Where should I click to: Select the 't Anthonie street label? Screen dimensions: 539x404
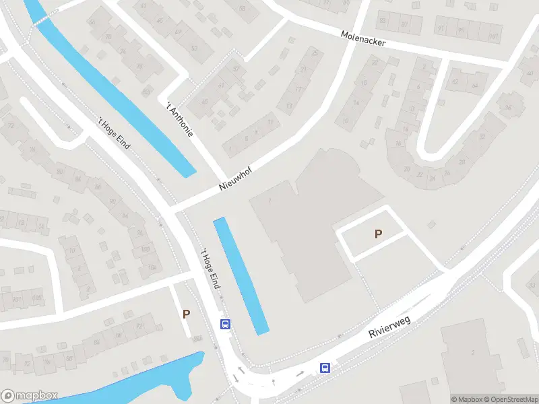click(180, 119)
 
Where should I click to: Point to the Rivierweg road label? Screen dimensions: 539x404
click(390, 324)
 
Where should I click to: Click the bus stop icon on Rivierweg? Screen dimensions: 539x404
click(325, 368)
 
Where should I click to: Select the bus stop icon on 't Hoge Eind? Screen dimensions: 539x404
click(226, 324)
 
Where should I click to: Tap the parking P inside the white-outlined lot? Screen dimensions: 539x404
click(378, 234)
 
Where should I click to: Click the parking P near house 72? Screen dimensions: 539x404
click(186, 314)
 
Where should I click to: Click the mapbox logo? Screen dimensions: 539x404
click(30, 395)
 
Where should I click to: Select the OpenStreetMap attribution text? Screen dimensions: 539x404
click(509, 399)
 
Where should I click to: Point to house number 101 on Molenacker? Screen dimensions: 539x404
click(494, 36)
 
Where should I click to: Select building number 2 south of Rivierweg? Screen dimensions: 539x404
click(473, 353)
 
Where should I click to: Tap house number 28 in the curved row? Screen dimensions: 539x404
click(462, 162)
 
